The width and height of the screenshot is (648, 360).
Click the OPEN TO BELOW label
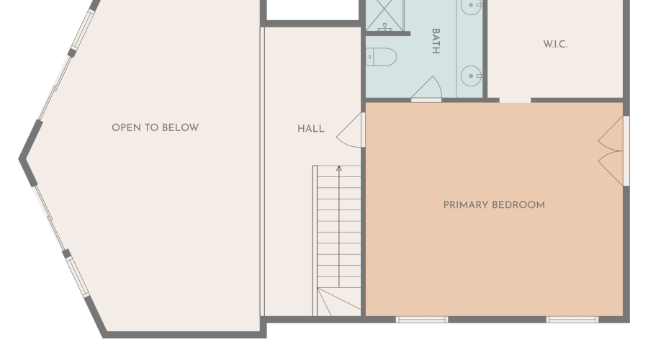[x=156, y=127]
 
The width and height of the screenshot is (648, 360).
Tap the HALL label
[x=311, y=129]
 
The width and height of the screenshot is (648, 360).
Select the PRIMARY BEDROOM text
[x=494, y=205]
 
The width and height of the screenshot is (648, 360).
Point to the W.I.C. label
[x=555, y=44]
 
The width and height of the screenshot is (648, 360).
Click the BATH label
[x=436, y=41]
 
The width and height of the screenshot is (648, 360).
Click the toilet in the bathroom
[x=381, y=57]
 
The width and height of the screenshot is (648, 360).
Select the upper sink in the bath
[x=472, y=6]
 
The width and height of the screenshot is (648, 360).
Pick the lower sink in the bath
[x=472, y=76]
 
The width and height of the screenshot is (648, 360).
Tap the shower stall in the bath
[x=384, y=15]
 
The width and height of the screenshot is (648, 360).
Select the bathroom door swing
[x=427, y=88]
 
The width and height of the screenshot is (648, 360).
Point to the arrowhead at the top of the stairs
[x=339, y=168]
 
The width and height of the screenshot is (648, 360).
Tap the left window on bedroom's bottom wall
[x=422, y=320]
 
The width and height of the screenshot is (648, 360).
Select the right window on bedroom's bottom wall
[x=572, y=320]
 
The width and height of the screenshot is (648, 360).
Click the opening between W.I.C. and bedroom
[x=515, y=100]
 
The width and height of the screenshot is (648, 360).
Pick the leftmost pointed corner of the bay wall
[x=19, y=158]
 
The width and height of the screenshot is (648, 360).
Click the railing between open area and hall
[x=262, y=172]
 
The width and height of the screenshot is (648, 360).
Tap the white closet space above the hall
[x=312, y=9]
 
